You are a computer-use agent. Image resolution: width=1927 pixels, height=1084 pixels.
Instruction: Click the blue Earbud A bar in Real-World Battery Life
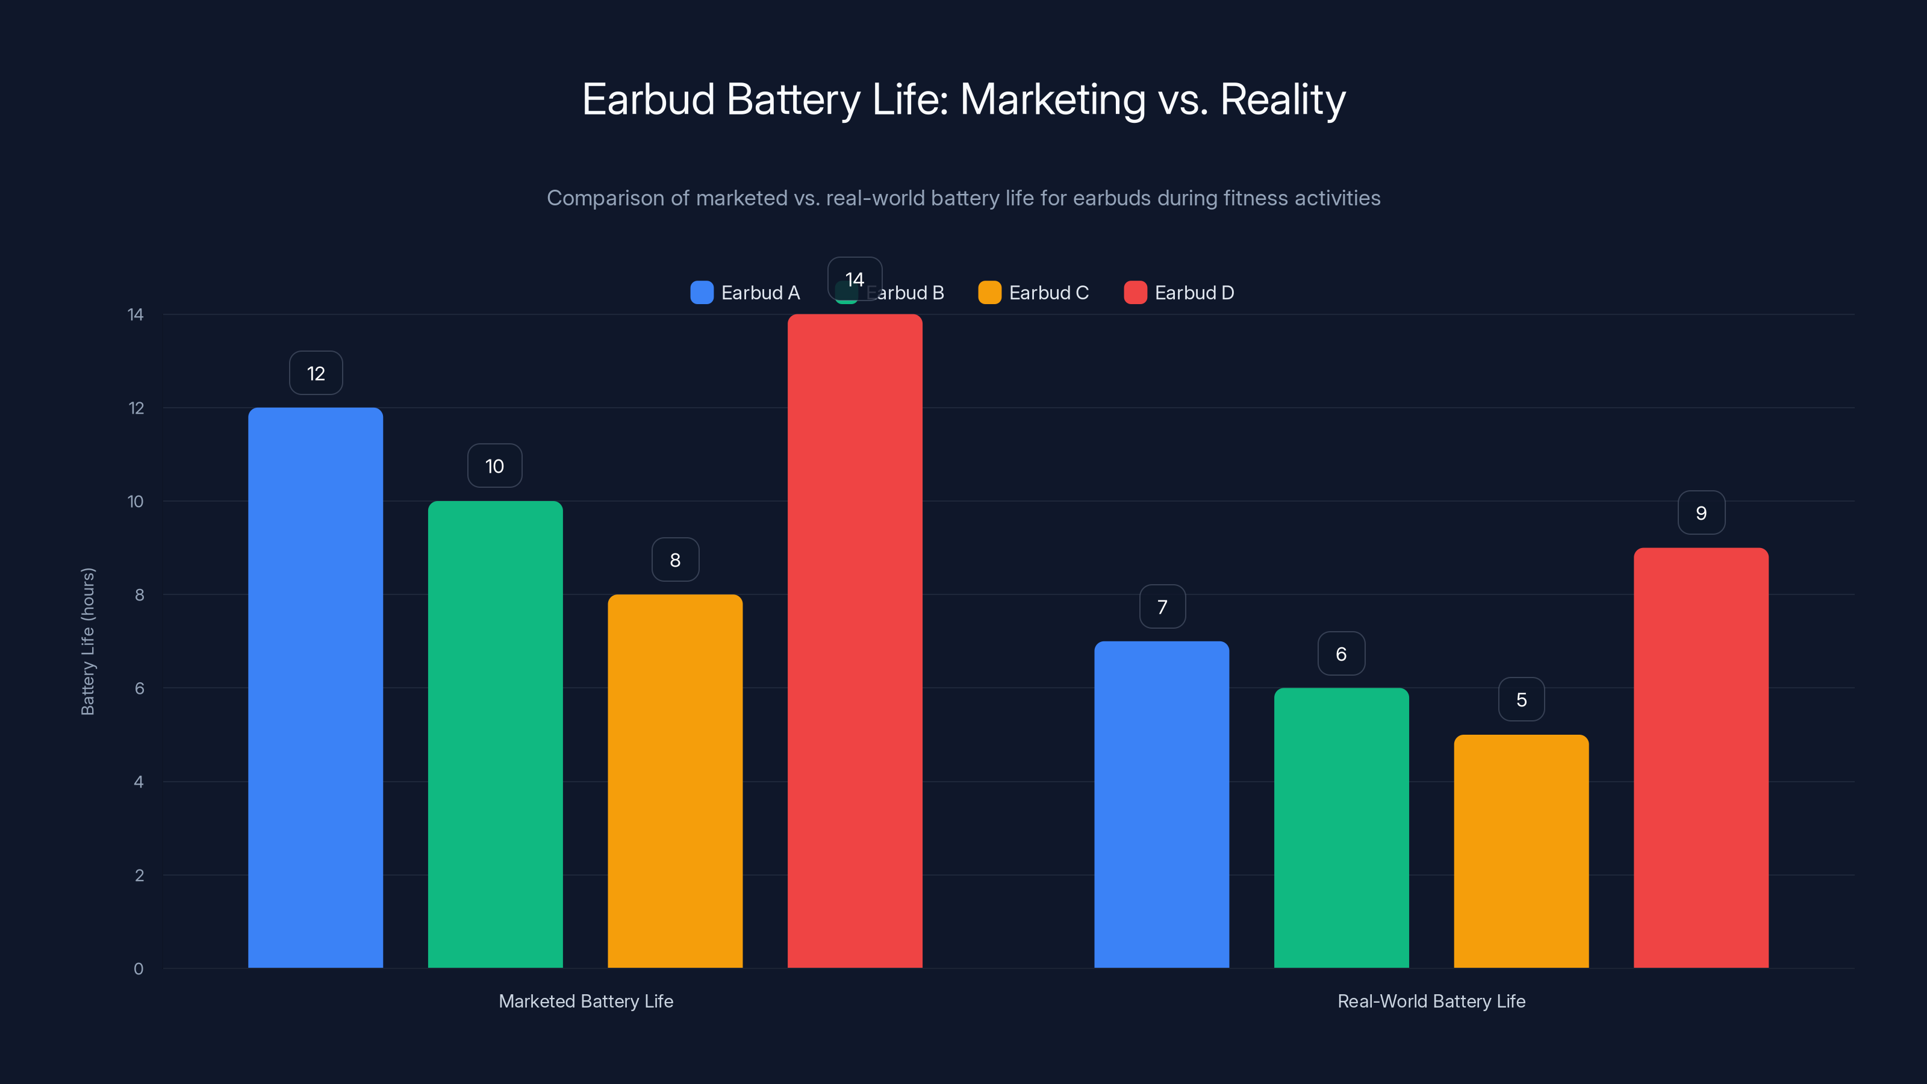[x=1161, y=804]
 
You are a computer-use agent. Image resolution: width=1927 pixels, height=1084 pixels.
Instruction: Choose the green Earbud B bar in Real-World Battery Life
[x=1340, y=827]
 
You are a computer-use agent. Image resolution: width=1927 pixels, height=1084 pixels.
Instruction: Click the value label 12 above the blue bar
[x=316, y=373]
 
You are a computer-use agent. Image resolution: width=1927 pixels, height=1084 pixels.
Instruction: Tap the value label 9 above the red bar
[x=1701, y=513]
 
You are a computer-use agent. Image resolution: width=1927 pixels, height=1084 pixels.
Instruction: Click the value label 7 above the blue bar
[x=1162, y=606]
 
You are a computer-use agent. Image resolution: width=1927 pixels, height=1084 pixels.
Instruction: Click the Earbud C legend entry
[x=1033, y=293]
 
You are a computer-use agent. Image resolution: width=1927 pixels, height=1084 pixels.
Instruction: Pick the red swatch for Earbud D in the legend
[x=1135, y=293]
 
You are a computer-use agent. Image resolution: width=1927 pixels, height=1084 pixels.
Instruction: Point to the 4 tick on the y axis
[x=139, y=782]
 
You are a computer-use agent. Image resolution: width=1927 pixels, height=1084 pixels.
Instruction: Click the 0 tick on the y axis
[x=139, y=969]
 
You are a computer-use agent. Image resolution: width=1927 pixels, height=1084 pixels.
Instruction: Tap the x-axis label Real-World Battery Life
[x=1430, y=1001]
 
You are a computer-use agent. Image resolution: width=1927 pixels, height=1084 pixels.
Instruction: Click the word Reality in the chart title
[x=1282, y=99]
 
